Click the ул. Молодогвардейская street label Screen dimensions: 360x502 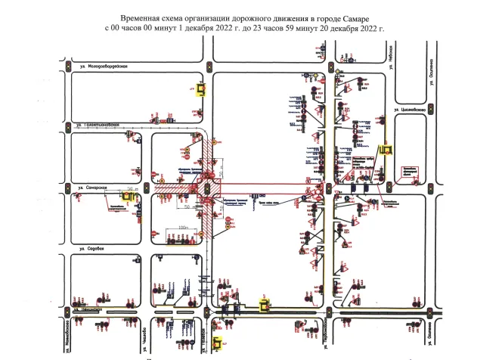[x=98, y=67]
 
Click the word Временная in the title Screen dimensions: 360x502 [x=141, y=16]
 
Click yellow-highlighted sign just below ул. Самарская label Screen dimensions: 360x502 [x=129, y=198]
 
